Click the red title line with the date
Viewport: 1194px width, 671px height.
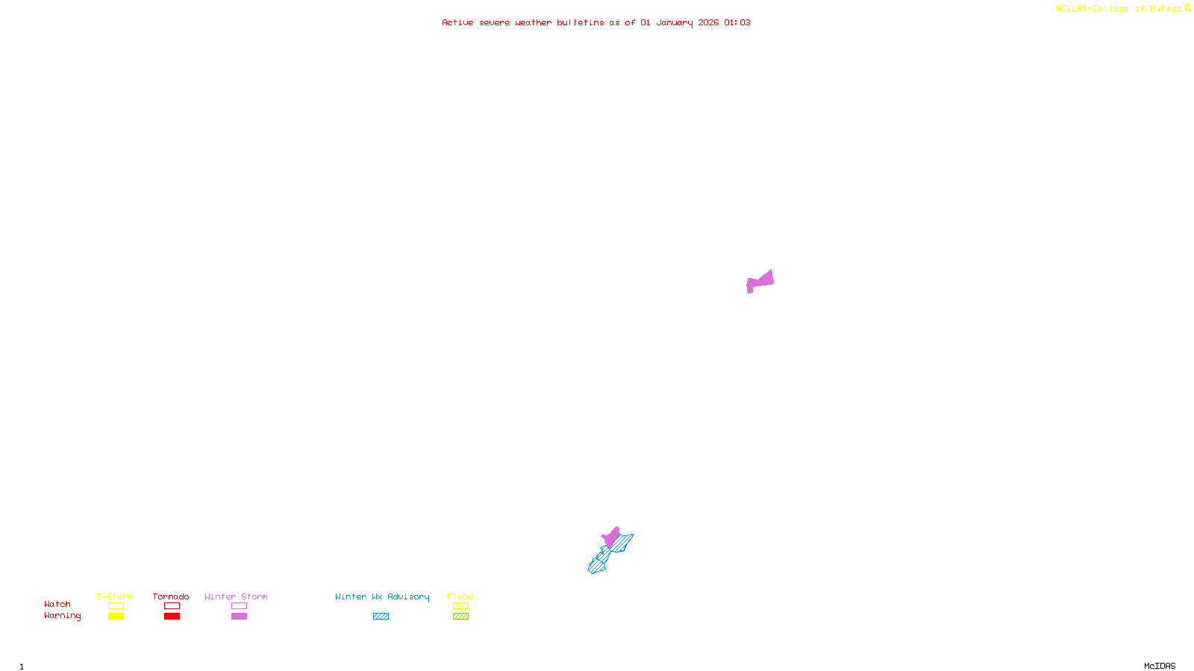pos(596,22)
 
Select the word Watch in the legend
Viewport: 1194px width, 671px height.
pos(57,604)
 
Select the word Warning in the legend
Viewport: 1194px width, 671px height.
pos(62,616)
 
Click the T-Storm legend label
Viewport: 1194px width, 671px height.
pos(115,596)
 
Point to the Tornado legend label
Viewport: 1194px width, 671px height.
pos(171,596)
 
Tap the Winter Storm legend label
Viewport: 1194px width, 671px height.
pos(236,596)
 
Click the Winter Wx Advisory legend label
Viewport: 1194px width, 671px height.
pos(382,596)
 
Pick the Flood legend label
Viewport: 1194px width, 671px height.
pos(460,596)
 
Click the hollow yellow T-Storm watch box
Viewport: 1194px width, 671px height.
pos(116,606)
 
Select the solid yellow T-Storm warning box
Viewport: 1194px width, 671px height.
pos(116,617)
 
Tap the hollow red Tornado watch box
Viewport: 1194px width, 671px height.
pos(172,606)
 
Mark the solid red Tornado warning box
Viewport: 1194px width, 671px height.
pos(172,617)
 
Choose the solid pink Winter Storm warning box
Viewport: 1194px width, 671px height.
pos(239,617)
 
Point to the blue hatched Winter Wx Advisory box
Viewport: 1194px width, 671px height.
pos(381,617)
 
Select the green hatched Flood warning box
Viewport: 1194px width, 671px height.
pos(460,617)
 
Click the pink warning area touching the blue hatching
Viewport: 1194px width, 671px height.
pos(611,537)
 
